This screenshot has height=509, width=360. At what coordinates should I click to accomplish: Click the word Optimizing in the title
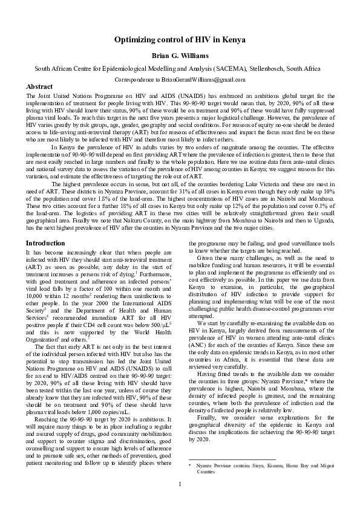pyautogui.click(x=134, y=40)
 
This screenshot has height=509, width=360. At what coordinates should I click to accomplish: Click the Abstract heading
pyautogui.click(x=40, y=87)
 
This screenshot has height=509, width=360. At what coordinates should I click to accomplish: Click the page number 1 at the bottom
pyautogui.click(x=180, y=501)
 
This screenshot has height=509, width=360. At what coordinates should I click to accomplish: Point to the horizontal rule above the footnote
pyautogui.click(x=224, y=460)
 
